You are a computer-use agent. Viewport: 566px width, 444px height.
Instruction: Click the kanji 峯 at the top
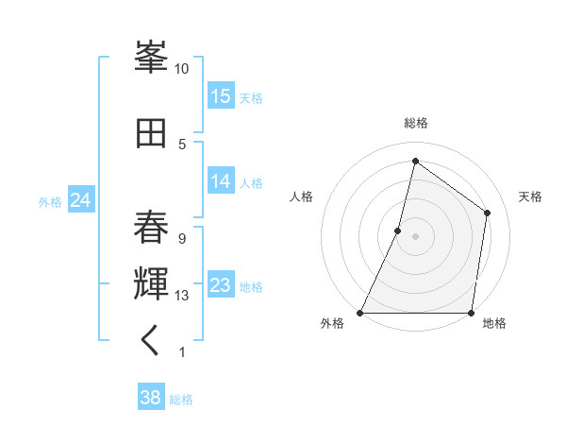click(151, 58)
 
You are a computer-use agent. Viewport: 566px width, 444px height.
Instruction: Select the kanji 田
click(151, 133)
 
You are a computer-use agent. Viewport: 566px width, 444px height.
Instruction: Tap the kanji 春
click(151, 228)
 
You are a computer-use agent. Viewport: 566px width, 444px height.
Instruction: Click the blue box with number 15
click(221, 96)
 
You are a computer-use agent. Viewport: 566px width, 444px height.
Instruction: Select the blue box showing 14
click(221, 181)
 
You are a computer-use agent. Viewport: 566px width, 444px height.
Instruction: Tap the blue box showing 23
click(221, 285)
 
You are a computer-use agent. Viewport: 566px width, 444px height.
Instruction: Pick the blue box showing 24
click(80, 199)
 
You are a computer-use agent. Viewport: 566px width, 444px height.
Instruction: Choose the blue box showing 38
click(151, 398)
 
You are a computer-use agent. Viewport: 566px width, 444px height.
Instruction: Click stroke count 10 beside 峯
click(182, 69)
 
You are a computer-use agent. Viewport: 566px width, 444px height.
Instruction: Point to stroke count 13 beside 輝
click(182, 296)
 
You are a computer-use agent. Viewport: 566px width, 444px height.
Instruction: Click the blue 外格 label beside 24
click(50, 201)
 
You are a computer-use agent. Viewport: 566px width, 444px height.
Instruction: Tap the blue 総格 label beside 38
click(181, 400)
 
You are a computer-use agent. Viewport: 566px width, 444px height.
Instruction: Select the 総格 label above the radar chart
click(415, 123)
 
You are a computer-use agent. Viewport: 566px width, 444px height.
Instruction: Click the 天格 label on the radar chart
click(530, 196)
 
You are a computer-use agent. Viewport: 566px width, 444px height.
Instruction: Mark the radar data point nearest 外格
click(360, 313)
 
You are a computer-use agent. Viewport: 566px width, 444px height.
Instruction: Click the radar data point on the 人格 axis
click(398, 231)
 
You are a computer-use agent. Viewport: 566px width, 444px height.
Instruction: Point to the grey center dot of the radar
click(415, 236)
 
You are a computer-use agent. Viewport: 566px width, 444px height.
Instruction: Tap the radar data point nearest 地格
click(471, 313)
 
